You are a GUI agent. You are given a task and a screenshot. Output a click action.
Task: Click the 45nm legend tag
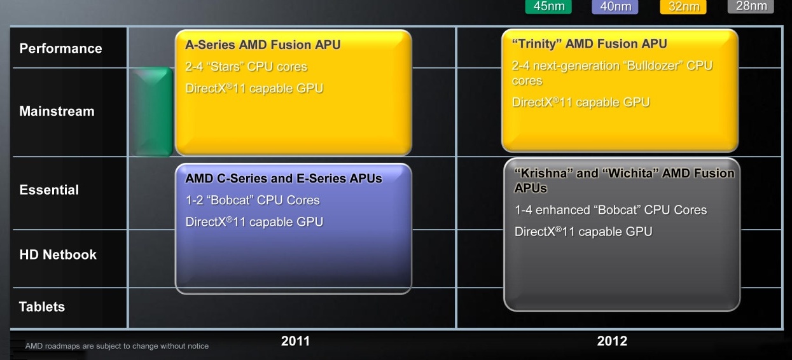click(548, 6)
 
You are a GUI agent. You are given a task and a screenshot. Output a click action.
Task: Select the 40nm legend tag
click(615, 6)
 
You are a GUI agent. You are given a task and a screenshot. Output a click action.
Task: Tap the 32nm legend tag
click(683, 6)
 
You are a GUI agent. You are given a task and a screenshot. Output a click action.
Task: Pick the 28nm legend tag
click(751, 6)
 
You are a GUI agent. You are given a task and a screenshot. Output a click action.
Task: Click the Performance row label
click(61, 48)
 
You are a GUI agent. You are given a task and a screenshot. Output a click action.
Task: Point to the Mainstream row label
click(57, 111)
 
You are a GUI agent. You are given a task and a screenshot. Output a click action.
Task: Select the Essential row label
click(49, 190)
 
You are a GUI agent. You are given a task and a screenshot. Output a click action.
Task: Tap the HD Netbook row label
click(58, 254)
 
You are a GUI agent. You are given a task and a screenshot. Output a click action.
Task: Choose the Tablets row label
click(42, 307)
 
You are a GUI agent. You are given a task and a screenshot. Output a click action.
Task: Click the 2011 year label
click(295, 341)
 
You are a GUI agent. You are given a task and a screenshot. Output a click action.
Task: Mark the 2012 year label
click(612, 341)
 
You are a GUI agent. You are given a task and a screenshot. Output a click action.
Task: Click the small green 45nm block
click(151, 112)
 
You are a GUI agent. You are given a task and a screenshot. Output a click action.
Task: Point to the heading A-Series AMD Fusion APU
click(263, 45)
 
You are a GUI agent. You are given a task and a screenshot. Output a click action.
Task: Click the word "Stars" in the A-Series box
click(225, 67)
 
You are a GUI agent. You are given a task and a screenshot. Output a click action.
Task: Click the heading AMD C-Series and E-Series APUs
click(284, 178)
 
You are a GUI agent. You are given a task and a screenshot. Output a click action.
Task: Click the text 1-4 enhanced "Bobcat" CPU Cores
click(611, 210)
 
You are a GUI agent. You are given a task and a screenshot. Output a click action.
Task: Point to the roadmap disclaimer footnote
click(117, 346)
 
